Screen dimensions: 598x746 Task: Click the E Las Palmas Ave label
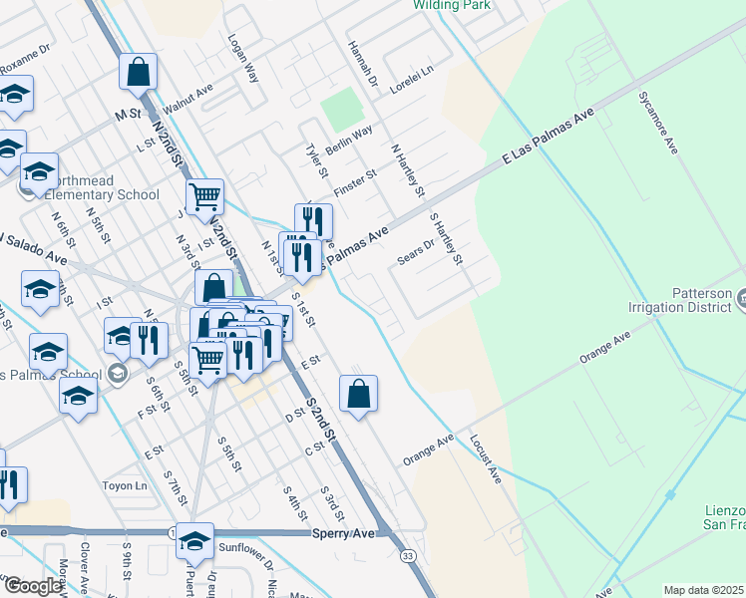point(548,139)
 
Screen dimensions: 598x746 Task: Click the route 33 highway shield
point(408,554)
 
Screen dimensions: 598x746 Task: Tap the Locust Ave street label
point(486,458)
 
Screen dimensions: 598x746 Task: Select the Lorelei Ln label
point(413,80)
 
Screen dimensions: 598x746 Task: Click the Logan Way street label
point(242,63)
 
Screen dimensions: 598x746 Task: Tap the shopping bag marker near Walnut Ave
point(138,73)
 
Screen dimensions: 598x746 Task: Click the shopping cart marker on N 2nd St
point(204,197)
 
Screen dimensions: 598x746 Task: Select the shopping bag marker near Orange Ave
point(358,394)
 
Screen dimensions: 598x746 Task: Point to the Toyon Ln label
point(125,486)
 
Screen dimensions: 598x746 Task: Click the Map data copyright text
point(704,590)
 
